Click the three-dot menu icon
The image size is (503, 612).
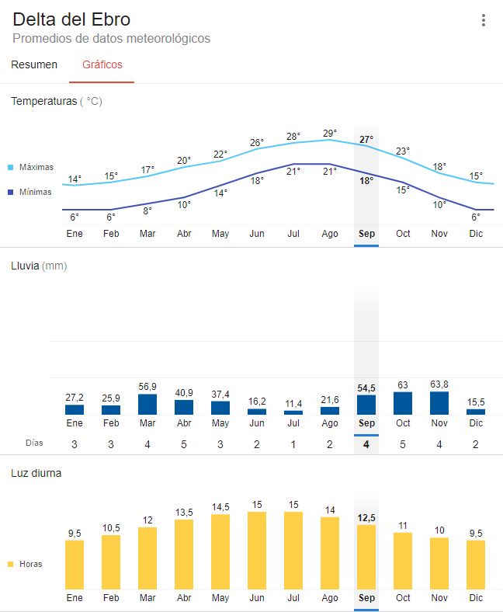pos(484,21)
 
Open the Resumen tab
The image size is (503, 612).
pos(34,64)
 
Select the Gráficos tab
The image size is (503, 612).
pos(102,64)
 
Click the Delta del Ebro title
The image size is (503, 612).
pos(71,19)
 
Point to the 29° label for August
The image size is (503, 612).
pos(330,133)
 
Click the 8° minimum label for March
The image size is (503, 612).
pos(147,210)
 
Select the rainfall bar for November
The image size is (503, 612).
pos(439,403)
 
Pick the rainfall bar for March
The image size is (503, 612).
pos(147,405)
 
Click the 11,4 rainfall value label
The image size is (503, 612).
pos(293,404)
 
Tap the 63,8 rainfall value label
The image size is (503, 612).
pos(439,384)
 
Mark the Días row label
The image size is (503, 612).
pos(33,443)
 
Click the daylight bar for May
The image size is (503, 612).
pos(220,551)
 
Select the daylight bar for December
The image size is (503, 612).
pos(476,565)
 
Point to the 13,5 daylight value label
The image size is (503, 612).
pos(184,513)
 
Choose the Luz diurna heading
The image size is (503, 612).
pos(36,472)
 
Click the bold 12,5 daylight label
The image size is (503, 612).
pos(366,517)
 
